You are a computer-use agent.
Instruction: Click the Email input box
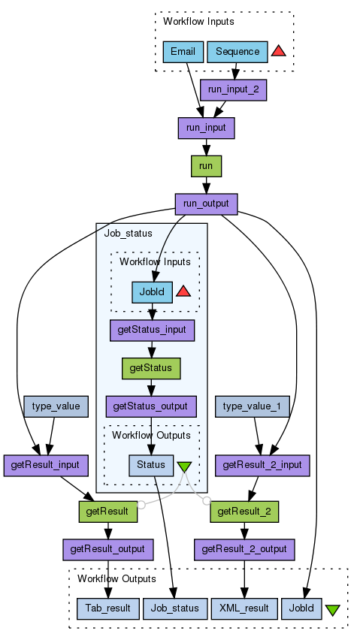(x=183, y=52)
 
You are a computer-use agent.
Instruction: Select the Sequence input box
(x=237, y=52)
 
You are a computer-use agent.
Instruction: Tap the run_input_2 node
(x=234, y=90)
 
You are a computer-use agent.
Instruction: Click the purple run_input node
(x=207, y=128)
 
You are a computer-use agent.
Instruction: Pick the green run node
(x=207, y=166)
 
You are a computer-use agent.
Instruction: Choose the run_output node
(x=207, y=204)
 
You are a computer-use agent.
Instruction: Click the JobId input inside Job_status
(x=153, y=292)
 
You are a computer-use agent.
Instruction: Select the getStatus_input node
(x=153, y=331)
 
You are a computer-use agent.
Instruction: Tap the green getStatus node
(x=151, y=369)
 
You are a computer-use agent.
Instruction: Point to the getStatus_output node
(x=151, y=406)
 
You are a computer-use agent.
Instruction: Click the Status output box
(x=151, y=465)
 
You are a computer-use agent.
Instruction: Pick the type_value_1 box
(x=253, y=406)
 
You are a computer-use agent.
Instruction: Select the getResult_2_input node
(x=262, y=465)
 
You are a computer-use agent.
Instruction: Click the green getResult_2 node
(x=244, y=512)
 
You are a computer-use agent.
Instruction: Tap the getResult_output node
(x=108, y=550)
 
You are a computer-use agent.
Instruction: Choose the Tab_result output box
(x=108, y=608)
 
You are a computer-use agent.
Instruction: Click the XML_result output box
(x=244, y=608)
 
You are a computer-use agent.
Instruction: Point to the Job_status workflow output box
(x=175, y=608)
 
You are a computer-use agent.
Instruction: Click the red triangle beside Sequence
(x=278, y=51)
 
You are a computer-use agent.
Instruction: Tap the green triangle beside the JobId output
(x=333, y=610)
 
